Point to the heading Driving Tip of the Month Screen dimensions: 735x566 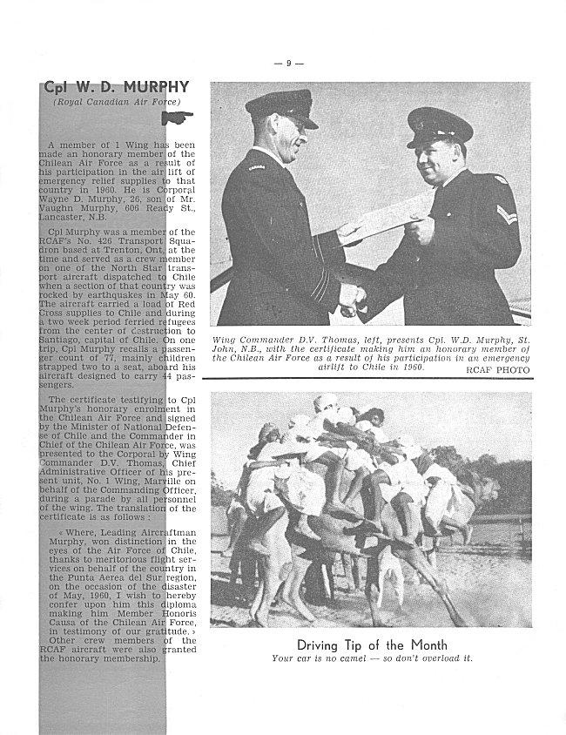click(x=372, y=645)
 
